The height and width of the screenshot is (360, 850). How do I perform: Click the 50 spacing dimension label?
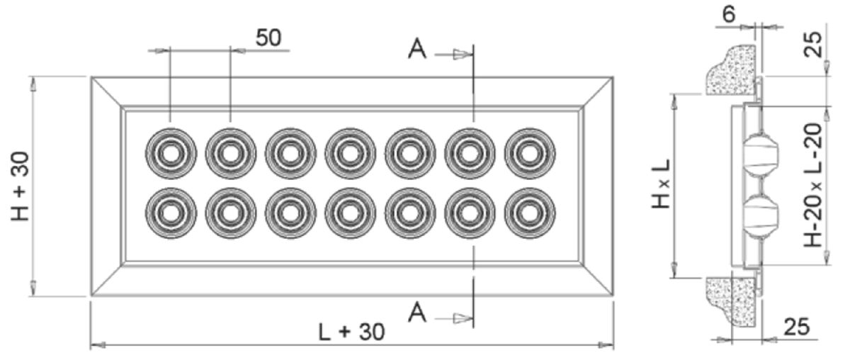tap(268, 38)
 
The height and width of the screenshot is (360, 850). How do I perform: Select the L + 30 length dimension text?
tap(351, 332)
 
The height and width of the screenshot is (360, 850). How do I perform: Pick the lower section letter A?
tap(418, 312)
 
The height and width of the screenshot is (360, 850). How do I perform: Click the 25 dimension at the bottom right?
tap(796, 327)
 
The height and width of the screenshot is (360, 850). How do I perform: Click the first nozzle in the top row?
tap(170, 152)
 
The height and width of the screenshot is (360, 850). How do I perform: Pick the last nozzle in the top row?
tap(530, 152)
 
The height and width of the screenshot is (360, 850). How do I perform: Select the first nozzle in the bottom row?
tap(170, 213)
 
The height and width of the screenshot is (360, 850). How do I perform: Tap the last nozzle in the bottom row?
tap(530, 213)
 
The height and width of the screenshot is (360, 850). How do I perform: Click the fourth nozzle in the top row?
tap(350, 152)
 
